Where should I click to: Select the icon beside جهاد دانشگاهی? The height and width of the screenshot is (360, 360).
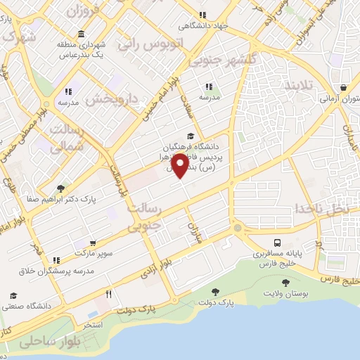[x=202, y=15]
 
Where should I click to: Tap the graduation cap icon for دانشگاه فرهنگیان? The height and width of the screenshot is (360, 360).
[x=190, y=136]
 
